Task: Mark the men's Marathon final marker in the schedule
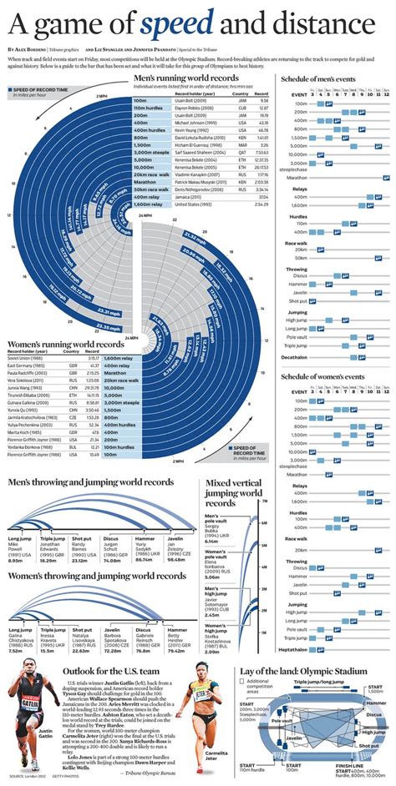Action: [386, 178]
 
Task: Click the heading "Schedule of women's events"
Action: [327, 370]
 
